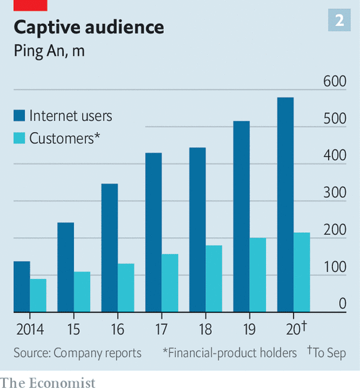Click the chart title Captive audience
[89, 27]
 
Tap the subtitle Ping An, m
[49, 51]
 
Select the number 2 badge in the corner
[340, 21]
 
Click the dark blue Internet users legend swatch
[19, 116]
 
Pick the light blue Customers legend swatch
[19, 138]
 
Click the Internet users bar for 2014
[22, 287]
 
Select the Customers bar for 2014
[38, 295]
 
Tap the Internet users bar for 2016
[109, 248]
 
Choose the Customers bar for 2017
[170, 283]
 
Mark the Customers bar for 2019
[257, 275]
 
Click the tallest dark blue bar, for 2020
[285, 205]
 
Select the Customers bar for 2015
[82, 292]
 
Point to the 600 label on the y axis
[335, 82]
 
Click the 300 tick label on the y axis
[335, 193]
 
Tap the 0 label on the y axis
[342, 304]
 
